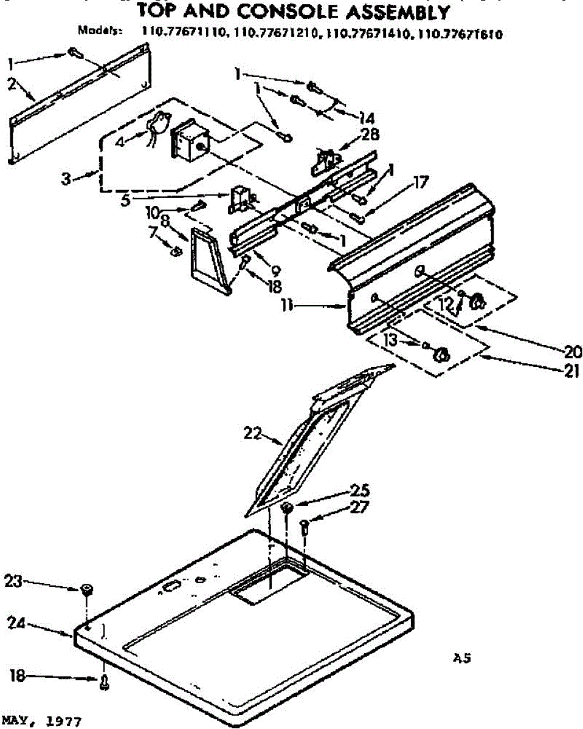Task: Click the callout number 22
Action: click(252, 434)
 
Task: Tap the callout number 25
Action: click(359, 490)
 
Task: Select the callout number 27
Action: click(359, 508)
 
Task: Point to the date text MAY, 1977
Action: click(40, 722)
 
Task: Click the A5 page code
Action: click(463, 657)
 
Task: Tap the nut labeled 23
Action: click(87, 589)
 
